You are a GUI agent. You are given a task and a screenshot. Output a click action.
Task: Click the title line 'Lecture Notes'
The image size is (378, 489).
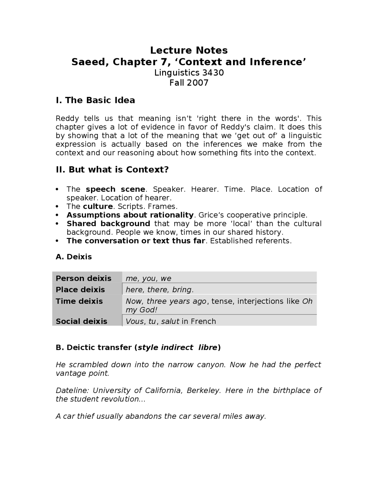189,50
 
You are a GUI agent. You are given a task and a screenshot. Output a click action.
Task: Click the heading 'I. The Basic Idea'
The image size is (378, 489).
95,100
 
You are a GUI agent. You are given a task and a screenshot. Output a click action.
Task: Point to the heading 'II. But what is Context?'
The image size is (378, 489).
112,169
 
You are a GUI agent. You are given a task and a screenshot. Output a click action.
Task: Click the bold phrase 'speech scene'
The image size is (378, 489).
115,189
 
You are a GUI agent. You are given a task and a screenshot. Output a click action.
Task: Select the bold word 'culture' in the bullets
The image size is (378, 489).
98,206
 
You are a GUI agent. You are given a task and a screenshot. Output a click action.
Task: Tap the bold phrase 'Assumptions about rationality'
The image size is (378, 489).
130,215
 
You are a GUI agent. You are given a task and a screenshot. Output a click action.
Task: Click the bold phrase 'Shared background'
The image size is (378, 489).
108,224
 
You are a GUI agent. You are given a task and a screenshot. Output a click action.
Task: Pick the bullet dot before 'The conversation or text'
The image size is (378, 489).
57,241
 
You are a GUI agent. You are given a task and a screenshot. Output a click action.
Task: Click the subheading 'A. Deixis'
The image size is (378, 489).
74,257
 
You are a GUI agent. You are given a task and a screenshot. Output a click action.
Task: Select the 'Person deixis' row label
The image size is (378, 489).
84,278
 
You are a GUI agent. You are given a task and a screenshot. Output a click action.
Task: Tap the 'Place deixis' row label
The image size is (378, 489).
80,289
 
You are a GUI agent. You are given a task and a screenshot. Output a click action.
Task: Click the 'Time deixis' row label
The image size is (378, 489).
79,301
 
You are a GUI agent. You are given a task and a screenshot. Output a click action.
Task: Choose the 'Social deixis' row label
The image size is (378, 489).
82,321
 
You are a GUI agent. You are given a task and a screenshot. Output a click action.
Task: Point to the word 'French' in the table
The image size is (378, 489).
203,321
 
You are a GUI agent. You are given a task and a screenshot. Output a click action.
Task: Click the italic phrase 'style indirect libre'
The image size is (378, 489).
177,347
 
